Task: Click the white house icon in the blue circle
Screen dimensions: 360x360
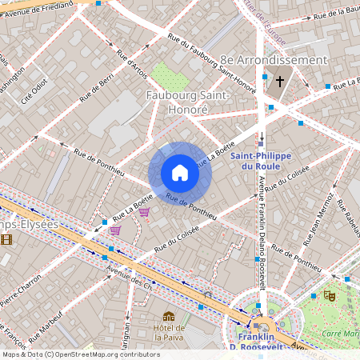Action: [180, 173]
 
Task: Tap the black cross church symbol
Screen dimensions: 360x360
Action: [280, 82]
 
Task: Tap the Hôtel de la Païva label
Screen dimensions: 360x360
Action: [170, 332]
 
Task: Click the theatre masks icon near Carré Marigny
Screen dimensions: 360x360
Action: [328, 295]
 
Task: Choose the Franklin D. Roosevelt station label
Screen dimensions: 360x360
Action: [261, 342]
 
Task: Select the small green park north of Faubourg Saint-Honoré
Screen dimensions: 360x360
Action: [169, 77]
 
